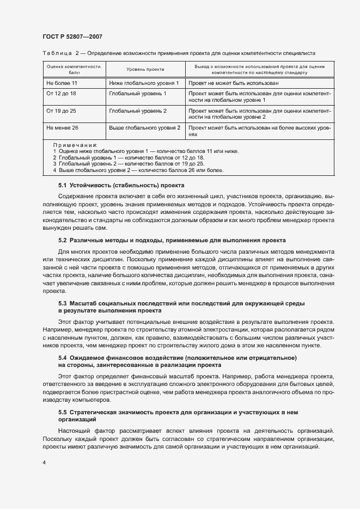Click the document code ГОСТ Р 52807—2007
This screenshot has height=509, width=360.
point(72,36)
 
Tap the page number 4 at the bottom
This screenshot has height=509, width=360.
point(43,463)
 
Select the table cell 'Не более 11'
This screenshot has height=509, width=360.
point(62,83)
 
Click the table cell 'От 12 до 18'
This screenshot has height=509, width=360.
point(61,94)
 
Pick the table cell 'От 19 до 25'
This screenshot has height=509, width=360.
point(61,111)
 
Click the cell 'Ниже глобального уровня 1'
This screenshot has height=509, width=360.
point(144,83)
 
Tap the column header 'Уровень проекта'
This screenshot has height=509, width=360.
point(145,69)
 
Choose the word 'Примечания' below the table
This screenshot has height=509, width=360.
point(75,145)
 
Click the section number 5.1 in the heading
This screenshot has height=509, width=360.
point(62,185)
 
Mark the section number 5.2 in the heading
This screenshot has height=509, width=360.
point(62,240)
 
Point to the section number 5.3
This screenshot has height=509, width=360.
point(62,302)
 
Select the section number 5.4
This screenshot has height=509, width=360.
point(62,358)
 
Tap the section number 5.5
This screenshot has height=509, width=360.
point(62,413)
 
